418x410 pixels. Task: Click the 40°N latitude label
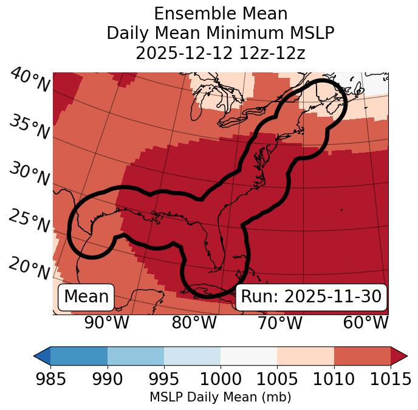tap(30, 81)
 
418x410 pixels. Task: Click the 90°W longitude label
tap(107, 322)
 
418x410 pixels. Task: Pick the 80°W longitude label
tap(194, 322)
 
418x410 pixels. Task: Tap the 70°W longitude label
tap(279, 322)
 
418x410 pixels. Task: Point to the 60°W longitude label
tap(366, 322)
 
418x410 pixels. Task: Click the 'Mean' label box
tap(86, 297)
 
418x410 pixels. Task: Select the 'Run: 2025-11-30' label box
tap(311, 297)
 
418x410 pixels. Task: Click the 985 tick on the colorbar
tap(50, 379)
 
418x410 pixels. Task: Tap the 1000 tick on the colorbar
tap(221, 379)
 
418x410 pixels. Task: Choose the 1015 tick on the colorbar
tap(391, 379)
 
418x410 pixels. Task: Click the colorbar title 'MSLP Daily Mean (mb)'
tap(220, 397)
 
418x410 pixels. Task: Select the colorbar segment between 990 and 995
tap(135, 355)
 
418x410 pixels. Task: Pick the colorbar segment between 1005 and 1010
tap(306, 355)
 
